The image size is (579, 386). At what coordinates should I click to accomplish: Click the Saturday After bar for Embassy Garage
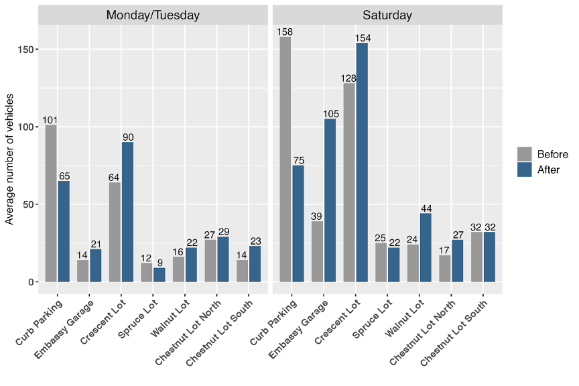click(x=330, y=200)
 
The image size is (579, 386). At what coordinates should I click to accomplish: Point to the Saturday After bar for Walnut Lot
click(x=426, y=247)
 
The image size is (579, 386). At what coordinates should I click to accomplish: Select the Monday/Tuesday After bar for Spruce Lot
click(x=159, y=275)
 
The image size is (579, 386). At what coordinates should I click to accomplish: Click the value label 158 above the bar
click(x=285, y=31)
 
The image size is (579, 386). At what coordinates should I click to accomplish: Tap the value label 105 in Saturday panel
click(x=330, y=114)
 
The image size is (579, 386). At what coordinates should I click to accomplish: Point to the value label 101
click(x=50, y=121)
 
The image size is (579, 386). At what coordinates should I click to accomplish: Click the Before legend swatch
click(x=525, y=153)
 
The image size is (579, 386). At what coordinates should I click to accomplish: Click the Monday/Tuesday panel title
click(x=153, y=15)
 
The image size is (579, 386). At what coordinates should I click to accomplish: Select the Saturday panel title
click(x=387, y=15)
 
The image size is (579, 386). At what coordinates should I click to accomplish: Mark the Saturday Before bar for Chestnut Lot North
click(x=445, y=269)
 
